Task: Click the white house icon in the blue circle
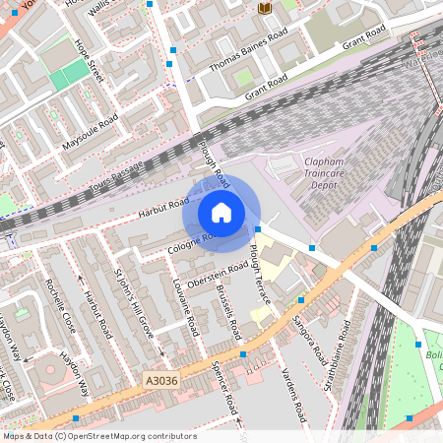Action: pos(221,212)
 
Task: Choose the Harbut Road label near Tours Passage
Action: pos(163,205)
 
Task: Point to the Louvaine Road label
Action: pos(186,303)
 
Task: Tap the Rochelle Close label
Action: pos(60,301)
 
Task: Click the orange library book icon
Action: pos(264,8)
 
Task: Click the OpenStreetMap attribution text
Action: pos(98,436)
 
